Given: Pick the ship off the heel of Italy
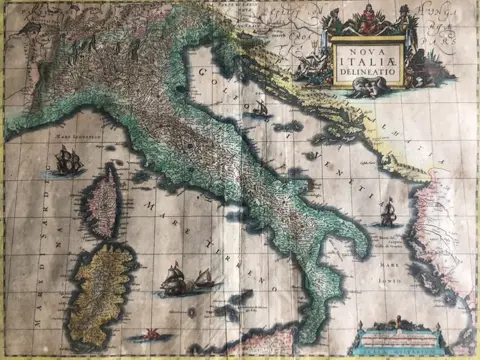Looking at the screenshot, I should [389, 212].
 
